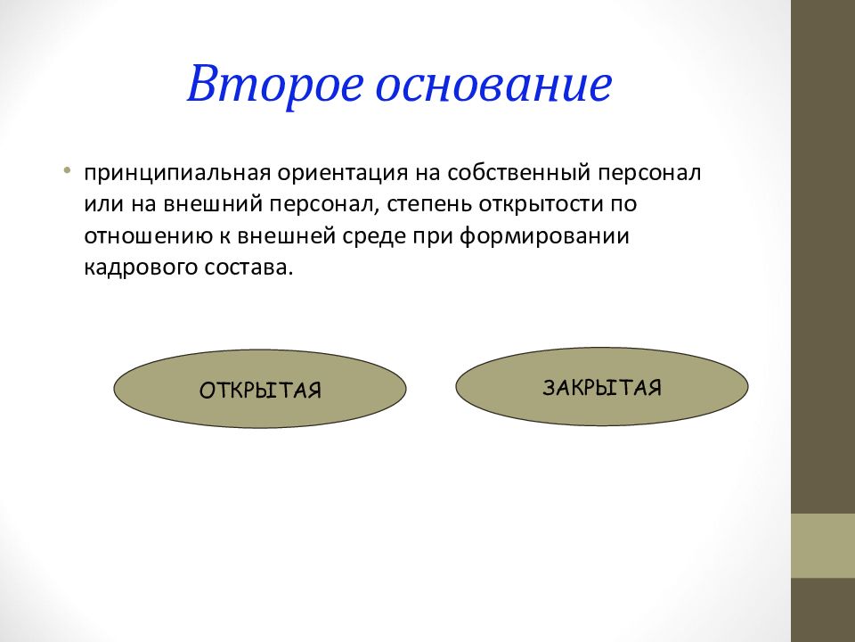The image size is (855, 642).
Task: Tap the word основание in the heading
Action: [x=494, y=86]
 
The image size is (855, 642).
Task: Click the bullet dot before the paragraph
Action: [x=67, y=170]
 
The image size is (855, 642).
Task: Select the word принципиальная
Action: [x=177, y=173]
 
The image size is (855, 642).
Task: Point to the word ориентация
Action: [x=342, y=173]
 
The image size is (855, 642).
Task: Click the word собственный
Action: [x=519, y=172]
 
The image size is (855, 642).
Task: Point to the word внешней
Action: [x=286, y=236]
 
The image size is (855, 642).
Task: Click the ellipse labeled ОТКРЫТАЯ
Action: [x=260, y=389]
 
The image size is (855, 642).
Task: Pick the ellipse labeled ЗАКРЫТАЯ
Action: [x=602, y=386]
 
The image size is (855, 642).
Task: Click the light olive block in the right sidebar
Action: [x=823, y=546]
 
